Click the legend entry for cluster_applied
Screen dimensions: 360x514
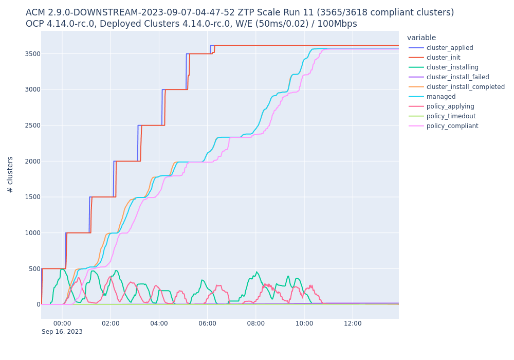(450, 48)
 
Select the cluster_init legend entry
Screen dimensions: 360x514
(443, 58)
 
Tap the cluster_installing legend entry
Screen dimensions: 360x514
(452, 67)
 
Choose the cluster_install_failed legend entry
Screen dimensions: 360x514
(457, 77)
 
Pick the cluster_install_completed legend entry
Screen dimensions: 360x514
(465, 87)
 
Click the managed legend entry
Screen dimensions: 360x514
(441, 97)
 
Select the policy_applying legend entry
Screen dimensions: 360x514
(450, 106)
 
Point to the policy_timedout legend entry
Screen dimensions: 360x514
(451, 116)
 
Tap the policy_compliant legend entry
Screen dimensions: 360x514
(452, 126)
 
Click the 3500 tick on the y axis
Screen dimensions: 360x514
(29, 54)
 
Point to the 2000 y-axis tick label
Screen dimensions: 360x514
(29, 161)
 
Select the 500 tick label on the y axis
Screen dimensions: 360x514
(31, 269)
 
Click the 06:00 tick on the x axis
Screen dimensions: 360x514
(207, 323)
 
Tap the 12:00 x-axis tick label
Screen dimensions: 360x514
(353, 323)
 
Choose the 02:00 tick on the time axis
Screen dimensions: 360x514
(111, 323)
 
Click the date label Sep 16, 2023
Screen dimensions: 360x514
(62, 332)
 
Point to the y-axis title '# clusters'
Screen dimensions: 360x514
(10, 174)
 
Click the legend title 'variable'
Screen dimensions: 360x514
(421, 38)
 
